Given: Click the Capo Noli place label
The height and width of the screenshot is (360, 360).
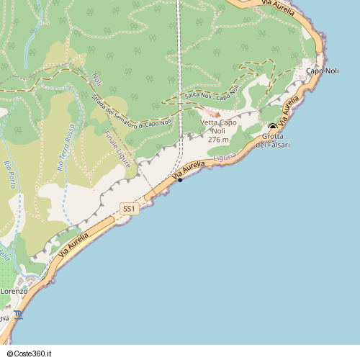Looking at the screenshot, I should point(323,71).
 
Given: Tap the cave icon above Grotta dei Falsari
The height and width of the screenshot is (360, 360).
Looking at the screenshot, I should point(272,127).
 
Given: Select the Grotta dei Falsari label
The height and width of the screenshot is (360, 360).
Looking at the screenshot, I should point(273,140).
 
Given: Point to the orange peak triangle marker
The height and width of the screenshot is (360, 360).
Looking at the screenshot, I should point(217,114).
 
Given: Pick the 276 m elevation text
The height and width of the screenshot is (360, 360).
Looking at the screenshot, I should point(218,140).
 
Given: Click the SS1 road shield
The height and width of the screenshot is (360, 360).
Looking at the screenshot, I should point(129,209).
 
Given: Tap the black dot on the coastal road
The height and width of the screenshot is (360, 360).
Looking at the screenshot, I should point(180,179).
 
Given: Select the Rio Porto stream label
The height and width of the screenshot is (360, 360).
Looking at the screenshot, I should point(11,174).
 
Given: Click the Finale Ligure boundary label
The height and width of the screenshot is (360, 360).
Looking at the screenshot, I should point(117,150).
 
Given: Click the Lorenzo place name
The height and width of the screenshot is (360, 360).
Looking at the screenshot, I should point(13,291).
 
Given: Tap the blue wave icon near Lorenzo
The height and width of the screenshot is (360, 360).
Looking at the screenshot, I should point(18,315).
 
